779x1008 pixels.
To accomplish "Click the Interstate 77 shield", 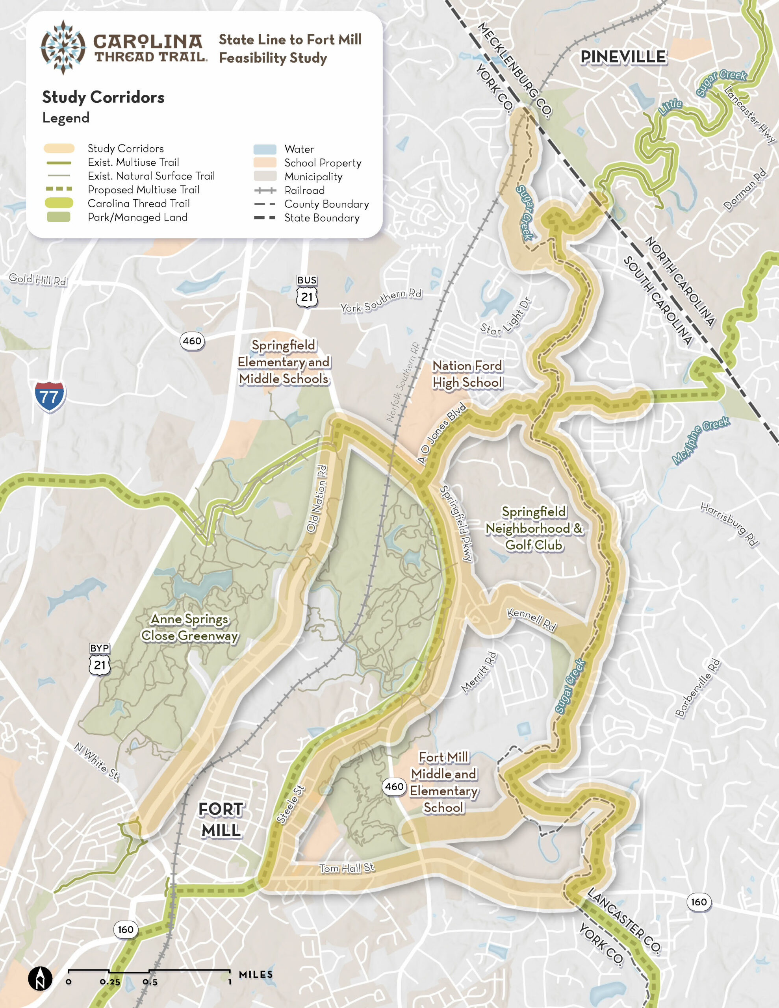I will pos(50,396).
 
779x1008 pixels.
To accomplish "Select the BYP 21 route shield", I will pos(100,660).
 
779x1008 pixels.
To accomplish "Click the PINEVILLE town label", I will pos(623,57).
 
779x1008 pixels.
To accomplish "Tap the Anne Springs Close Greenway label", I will pos(189,627).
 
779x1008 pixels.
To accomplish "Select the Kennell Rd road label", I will pos(532,620).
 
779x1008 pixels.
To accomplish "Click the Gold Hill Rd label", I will pos(38,279).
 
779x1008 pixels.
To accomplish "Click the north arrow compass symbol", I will pos(40,978).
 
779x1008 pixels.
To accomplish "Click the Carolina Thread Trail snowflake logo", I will pos(63,47).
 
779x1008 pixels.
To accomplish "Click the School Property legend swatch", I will pos(265,163).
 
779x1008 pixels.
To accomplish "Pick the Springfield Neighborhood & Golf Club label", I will pos(533,528).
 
